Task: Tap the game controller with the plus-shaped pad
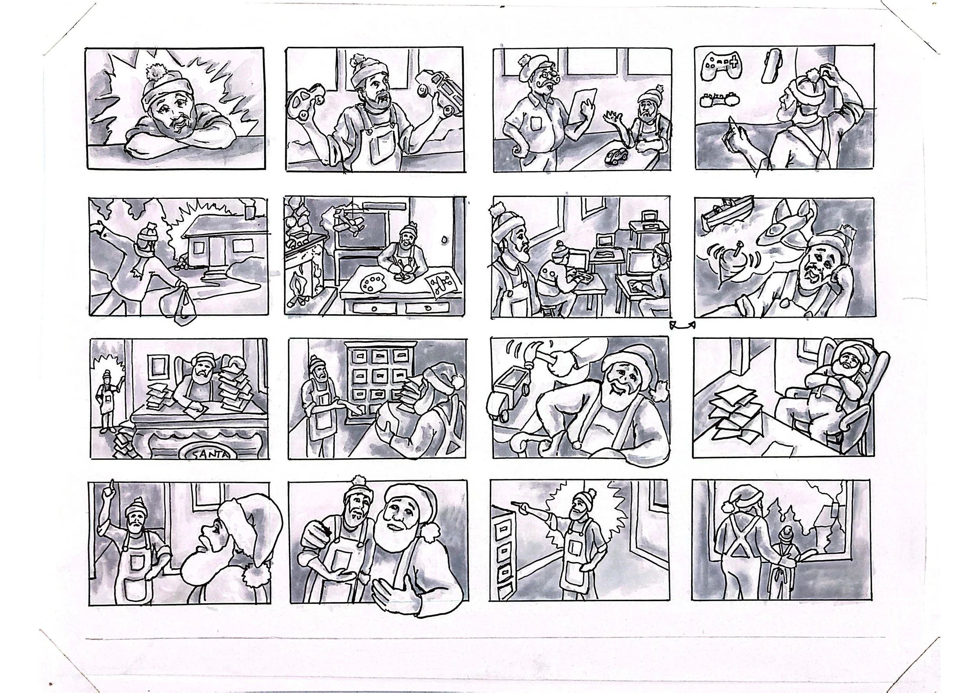tap(721, 66)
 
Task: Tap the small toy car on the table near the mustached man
tap(615, 157)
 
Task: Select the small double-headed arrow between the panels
tap(682, 326)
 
